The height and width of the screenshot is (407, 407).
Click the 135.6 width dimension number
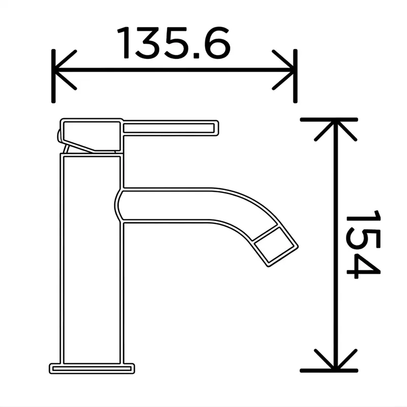(x=173, y=43)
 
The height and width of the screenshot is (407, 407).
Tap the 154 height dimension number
(x=363, y=244)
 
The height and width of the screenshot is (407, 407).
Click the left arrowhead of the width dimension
(x=66, y=70)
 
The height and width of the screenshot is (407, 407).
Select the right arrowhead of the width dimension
(x=283, y=70)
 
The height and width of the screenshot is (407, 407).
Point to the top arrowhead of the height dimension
(x=335, y=131)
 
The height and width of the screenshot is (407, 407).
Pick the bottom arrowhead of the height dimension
(x=335, y=359)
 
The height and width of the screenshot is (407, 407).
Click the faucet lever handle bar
(x=170, y=128)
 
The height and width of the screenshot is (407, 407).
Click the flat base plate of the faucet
(x=92, y=368)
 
